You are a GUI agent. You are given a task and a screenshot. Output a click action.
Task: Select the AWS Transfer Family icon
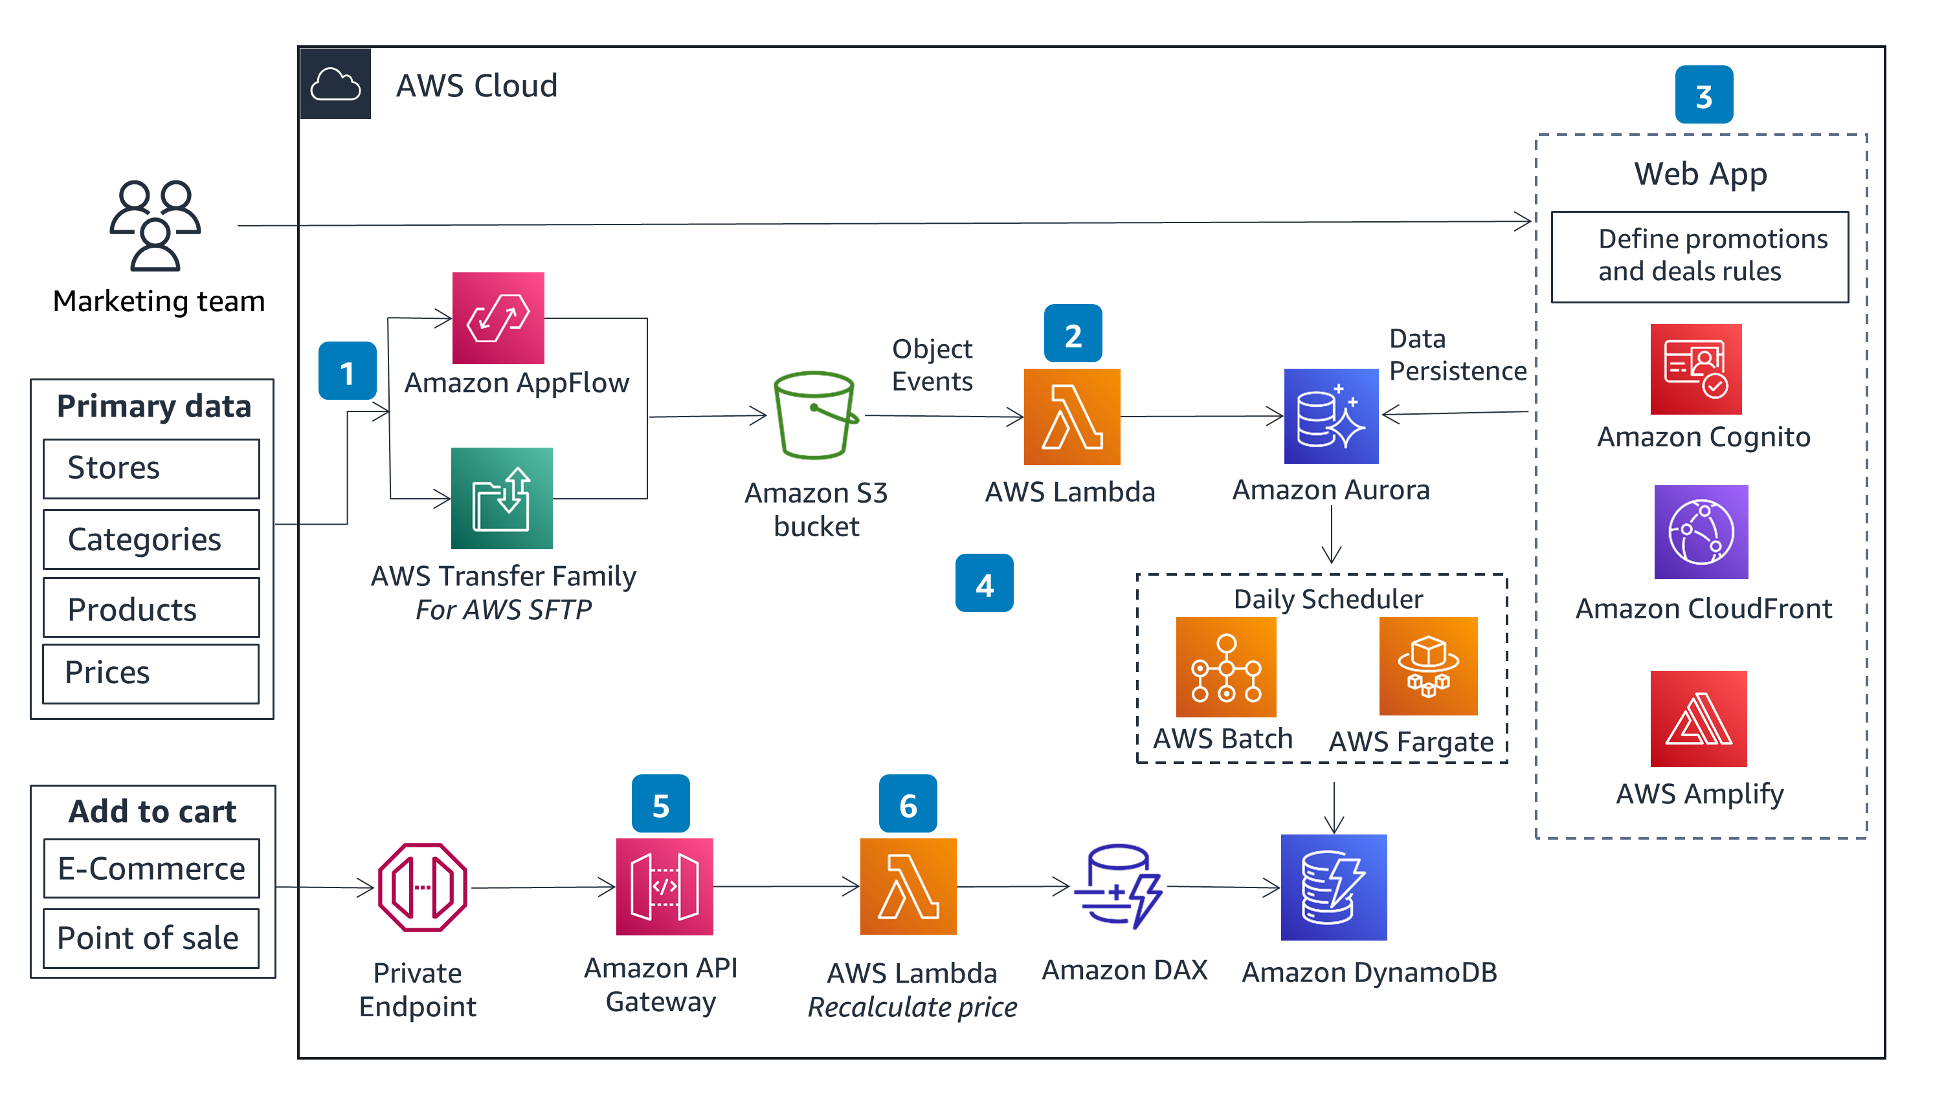[x=501, y=498]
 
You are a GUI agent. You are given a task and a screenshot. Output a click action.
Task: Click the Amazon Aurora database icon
[x=1331, y=416]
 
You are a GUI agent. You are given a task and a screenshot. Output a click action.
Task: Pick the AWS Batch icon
[x=1225, y=667]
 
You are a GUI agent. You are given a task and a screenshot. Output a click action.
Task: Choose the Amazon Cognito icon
[x=1695, y=369]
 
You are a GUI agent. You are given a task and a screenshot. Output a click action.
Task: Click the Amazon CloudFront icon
[x=1701, y=532]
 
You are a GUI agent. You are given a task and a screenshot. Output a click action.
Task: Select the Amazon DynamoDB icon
[x=1334, y=887]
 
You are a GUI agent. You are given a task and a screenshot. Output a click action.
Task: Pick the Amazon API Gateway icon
[x=664, y=887]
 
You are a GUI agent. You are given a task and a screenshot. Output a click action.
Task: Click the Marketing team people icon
[x=155, y=225]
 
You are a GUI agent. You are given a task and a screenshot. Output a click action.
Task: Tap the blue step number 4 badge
[x=984, y=583]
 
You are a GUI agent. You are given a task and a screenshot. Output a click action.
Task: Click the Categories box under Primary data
[x=151, y=540]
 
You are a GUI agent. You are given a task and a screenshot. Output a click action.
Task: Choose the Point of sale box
[x=151, y=938]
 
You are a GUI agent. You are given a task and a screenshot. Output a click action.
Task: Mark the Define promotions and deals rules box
[x=1699, y=257]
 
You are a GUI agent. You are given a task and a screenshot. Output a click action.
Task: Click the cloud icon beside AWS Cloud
[x=335, y=84]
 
